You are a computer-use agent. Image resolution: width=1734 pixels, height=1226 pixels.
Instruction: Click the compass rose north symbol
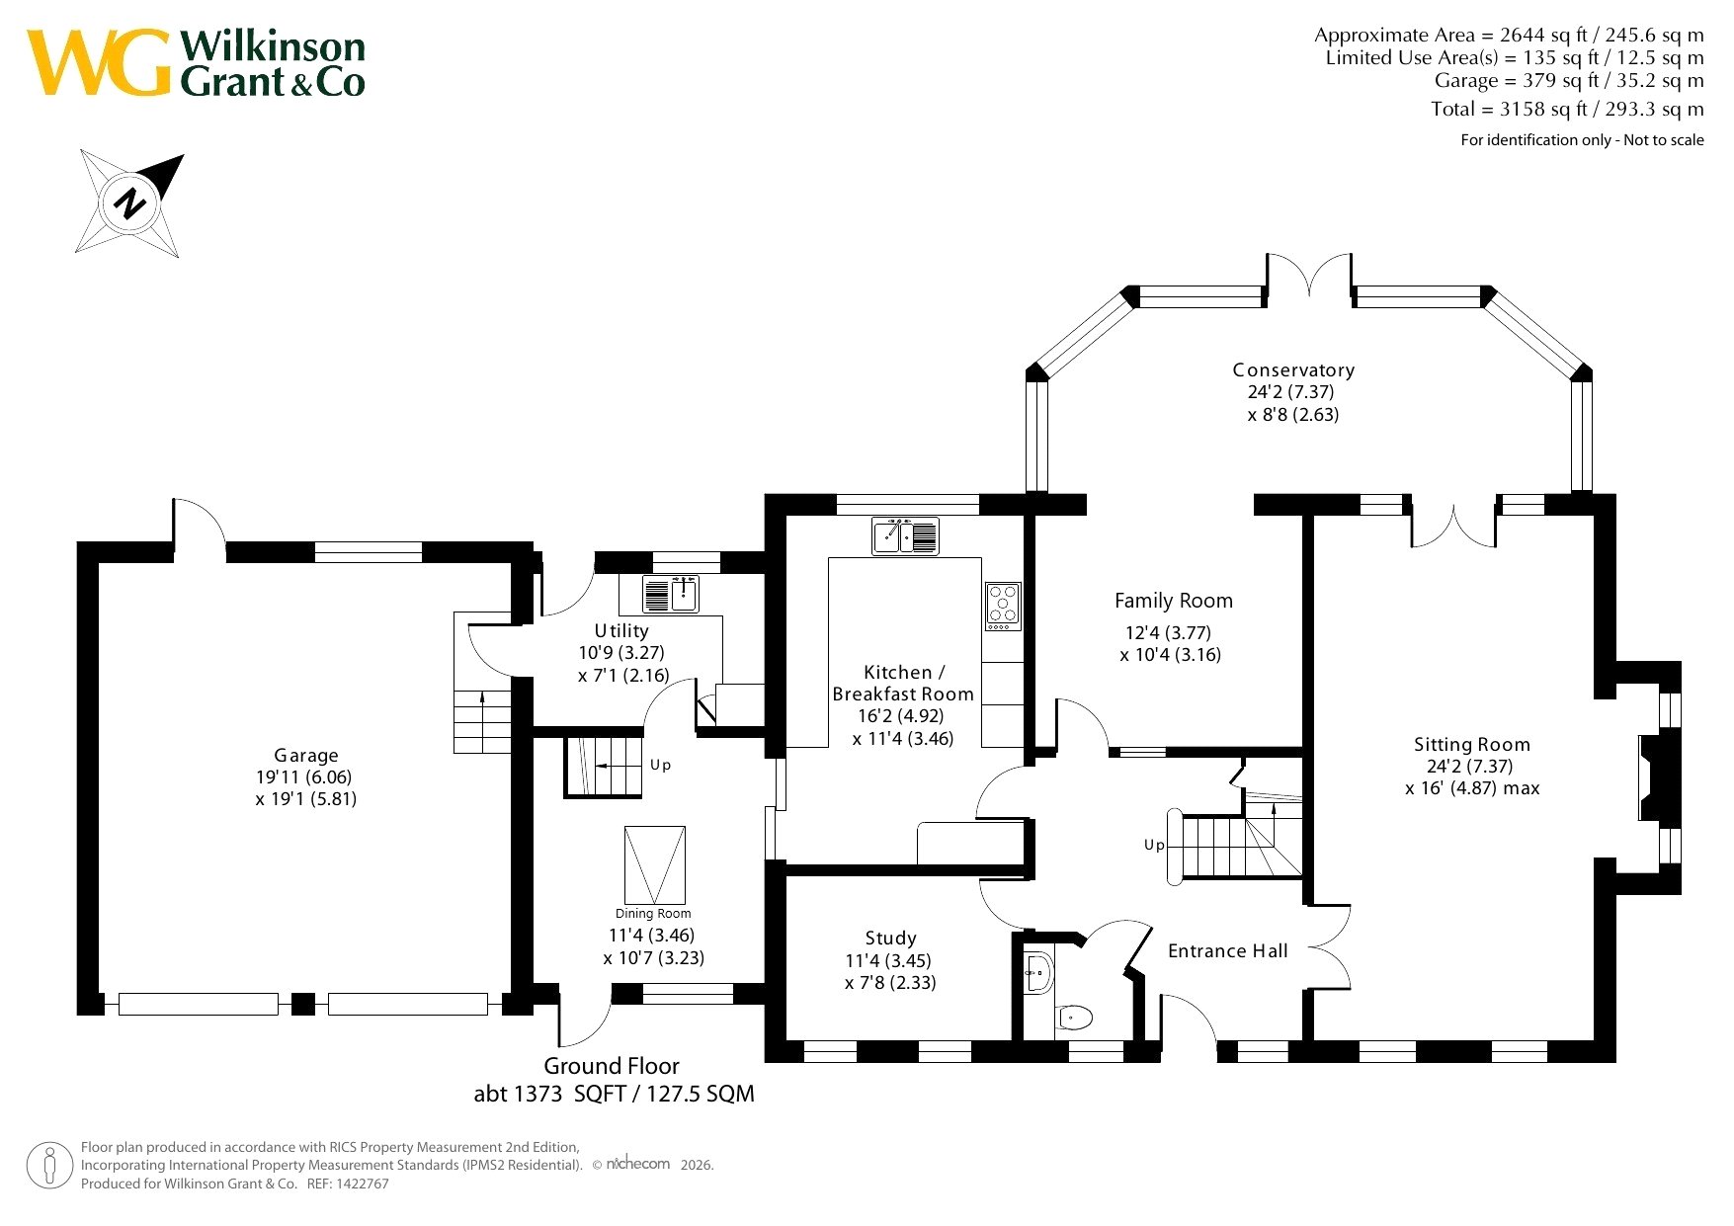coord(129,204)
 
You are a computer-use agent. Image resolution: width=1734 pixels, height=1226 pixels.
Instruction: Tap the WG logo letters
coord(99,62)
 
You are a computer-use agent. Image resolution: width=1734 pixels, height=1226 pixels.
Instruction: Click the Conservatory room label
coord(1293,370)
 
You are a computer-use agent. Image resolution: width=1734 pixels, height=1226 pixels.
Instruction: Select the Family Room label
coord(1174,601)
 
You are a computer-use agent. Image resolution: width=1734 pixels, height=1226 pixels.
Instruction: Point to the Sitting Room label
coord(1471,745)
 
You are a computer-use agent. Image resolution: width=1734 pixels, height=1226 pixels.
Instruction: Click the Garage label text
coord(306,756)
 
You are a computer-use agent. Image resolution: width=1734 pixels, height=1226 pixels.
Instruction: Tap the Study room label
coord(890,939)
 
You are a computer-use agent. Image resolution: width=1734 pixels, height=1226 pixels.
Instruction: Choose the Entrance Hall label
coord(1228,951)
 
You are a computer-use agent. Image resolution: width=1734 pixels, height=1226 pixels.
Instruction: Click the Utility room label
coord(621,631)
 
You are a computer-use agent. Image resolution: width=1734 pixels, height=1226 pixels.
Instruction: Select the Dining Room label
coord(653,914)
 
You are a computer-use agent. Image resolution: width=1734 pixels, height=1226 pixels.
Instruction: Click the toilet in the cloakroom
coord(1074,1017)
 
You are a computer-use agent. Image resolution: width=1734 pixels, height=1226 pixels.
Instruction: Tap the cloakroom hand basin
coord(1037,973)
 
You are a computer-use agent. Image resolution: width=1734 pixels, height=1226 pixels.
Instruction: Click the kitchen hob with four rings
coord(1003,606)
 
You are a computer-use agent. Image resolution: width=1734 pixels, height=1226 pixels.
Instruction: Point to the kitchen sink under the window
coord(905,536)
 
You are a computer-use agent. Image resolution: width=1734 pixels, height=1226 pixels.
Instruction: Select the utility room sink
coord(671,594)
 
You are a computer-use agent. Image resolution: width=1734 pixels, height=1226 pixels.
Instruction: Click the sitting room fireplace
coord(1658,777)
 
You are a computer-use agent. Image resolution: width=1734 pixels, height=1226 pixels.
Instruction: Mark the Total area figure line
coord(1567,109)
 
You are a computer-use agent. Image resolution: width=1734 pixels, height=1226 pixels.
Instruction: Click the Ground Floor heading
coord(612,1067)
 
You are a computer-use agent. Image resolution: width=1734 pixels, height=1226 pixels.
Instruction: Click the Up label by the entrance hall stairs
coord(1154,845)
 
